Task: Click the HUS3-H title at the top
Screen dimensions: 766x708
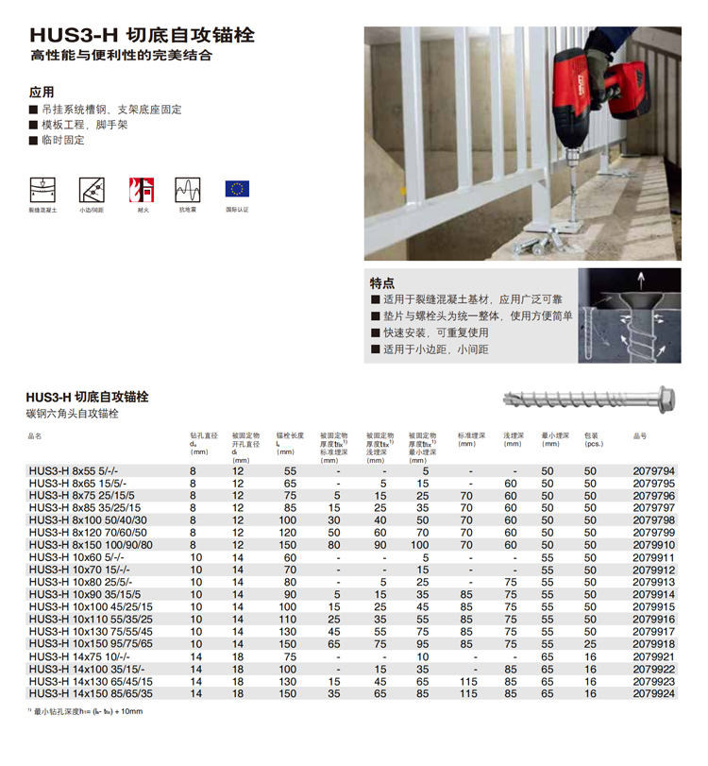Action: (142, 35)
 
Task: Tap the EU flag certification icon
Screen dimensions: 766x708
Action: (237, 188)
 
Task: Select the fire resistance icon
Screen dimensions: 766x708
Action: (143, 188)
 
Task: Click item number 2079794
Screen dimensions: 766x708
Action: (653, 470)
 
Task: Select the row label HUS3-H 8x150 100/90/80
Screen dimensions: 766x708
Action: (90, 545)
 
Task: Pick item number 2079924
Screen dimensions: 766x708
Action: (653, 693)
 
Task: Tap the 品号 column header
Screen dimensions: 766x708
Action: (640, 436)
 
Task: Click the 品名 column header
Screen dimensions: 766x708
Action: (36, 436)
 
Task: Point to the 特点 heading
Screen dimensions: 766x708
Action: (382, 282)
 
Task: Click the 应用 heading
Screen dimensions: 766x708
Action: (42, 92)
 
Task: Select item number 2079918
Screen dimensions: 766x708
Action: (653, 643)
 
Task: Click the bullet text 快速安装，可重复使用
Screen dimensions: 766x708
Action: (436, 332)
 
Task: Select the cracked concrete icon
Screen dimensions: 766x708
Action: (42, 188)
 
